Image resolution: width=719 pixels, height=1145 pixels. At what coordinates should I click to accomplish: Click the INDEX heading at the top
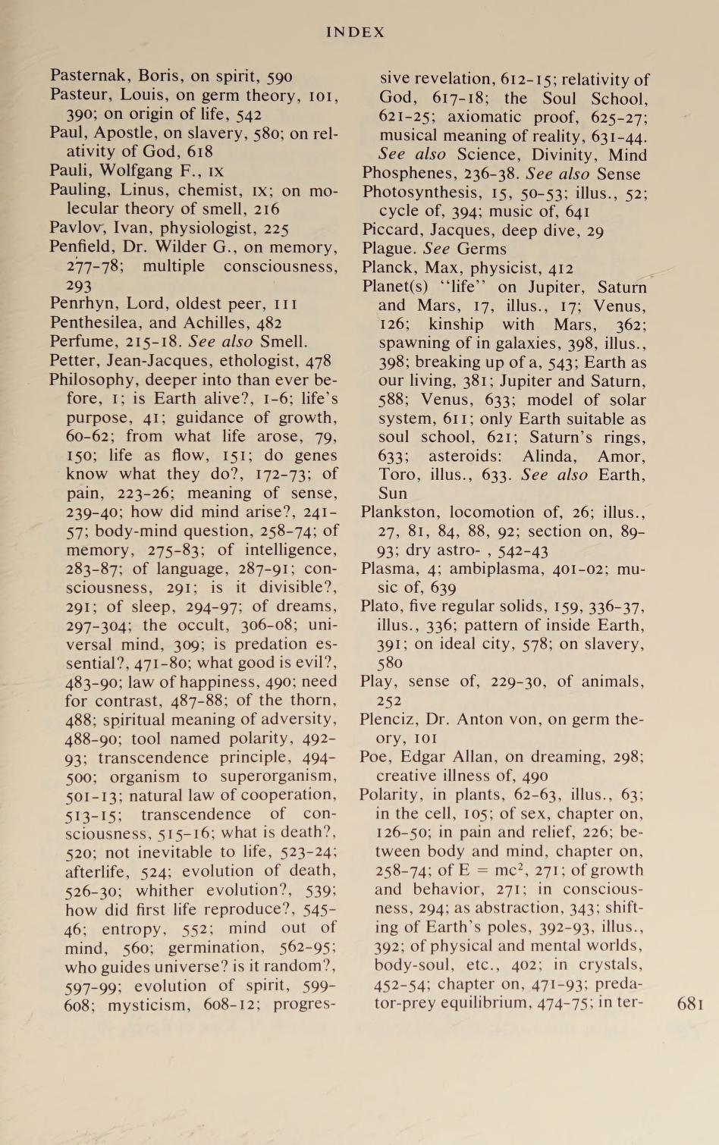(355, 32)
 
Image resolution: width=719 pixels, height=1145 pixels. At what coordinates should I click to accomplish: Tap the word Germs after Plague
(481, 249)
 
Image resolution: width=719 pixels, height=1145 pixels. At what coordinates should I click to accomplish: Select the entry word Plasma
(386, 569)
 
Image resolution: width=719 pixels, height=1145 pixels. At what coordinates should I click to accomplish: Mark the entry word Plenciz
(387, 719)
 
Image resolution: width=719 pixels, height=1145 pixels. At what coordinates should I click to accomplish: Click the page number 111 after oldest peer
(285, 304)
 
